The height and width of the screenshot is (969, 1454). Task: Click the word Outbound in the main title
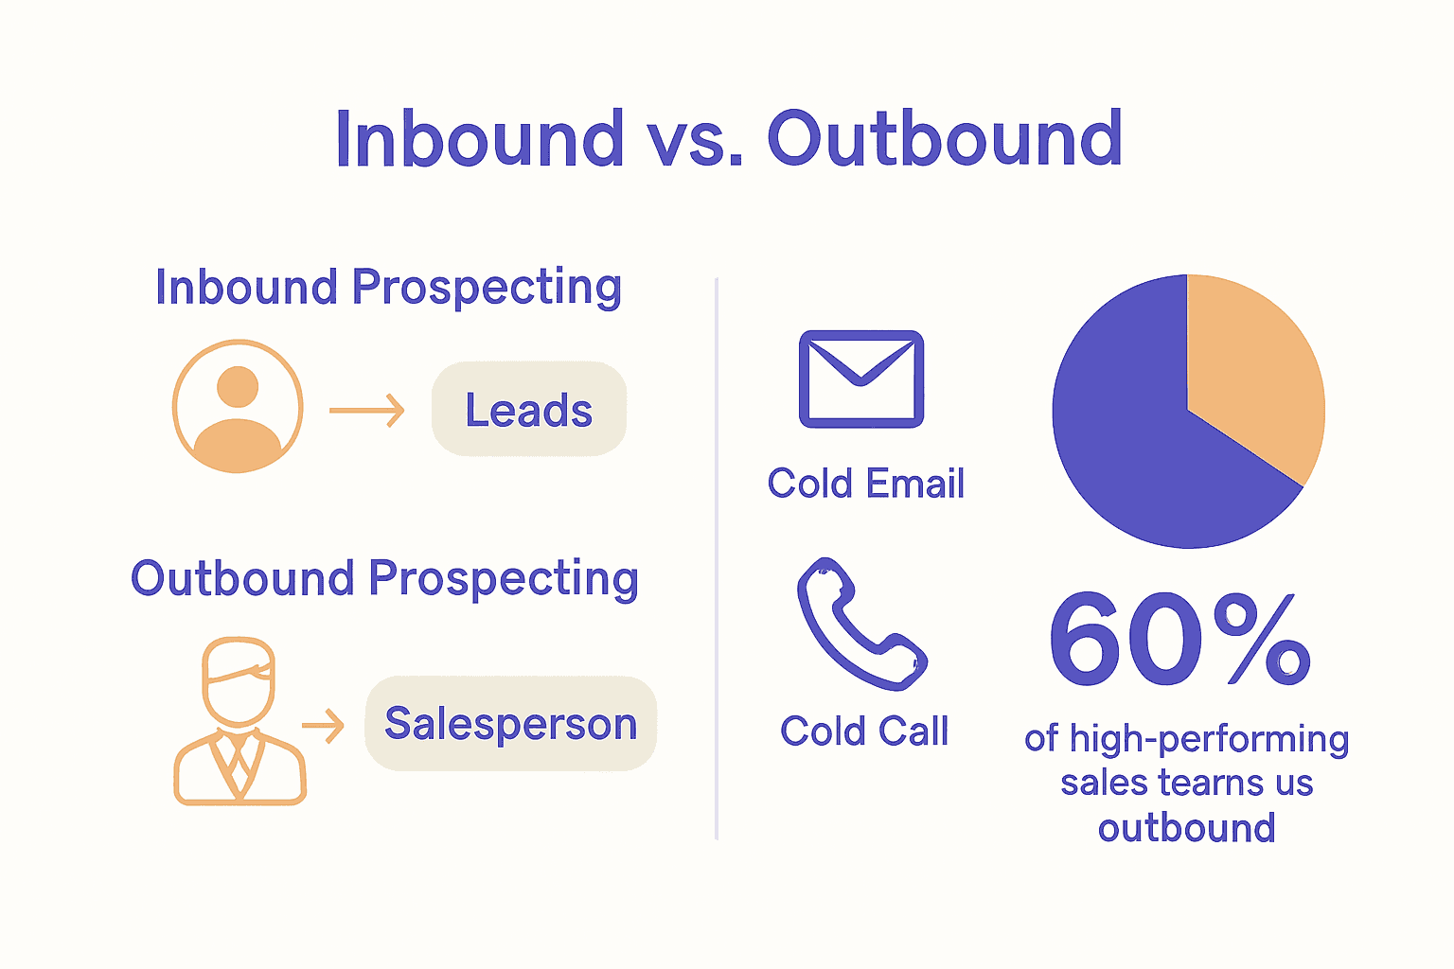944,139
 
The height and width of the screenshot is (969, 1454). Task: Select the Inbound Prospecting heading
388,287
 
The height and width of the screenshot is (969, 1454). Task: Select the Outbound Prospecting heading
384,578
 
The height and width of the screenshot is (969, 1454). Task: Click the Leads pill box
529,409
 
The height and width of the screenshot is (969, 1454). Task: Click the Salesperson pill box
510,724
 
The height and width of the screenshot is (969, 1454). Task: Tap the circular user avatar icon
238,407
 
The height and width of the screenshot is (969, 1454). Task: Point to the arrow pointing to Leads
367,411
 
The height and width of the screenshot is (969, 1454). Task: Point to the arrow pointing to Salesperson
324,726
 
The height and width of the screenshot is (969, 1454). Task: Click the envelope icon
860,379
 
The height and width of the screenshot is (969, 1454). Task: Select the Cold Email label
865,484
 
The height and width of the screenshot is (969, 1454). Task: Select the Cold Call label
863,731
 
